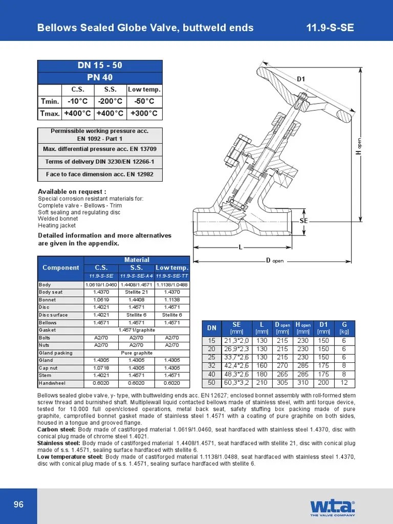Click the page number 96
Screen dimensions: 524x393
click(x=18, y=505)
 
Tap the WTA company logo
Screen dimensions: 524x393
click(x=332, y=507)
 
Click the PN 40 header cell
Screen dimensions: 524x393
click(x=100, y=78)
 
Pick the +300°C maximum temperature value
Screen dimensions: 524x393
click(x=144, y=113)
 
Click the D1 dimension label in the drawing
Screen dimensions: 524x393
click(x=301, y=79)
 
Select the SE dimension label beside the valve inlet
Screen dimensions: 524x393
click(x=303, y=220)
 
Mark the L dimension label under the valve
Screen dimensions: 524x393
click(x=240, y=247)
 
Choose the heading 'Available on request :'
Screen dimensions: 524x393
click(x=72, y=191)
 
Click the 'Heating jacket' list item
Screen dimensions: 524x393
click(x=57, y=225)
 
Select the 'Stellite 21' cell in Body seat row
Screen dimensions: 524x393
click(x=136, y=292)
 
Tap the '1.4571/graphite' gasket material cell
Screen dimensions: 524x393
click(x=136, y=330)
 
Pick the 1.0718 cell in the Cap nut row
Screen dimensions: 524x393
click(x=101, y=368)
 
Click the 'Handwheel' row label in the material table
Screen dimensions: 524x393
click(x=53, y=383)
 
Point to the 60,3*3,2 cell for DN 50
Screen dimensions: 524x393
click(x=236, y=382)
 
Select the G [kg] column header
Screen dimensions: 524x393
click(x=344, y=327)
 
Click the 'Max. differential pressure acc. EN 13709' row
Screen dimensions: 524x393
click(x=100, y=149)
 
